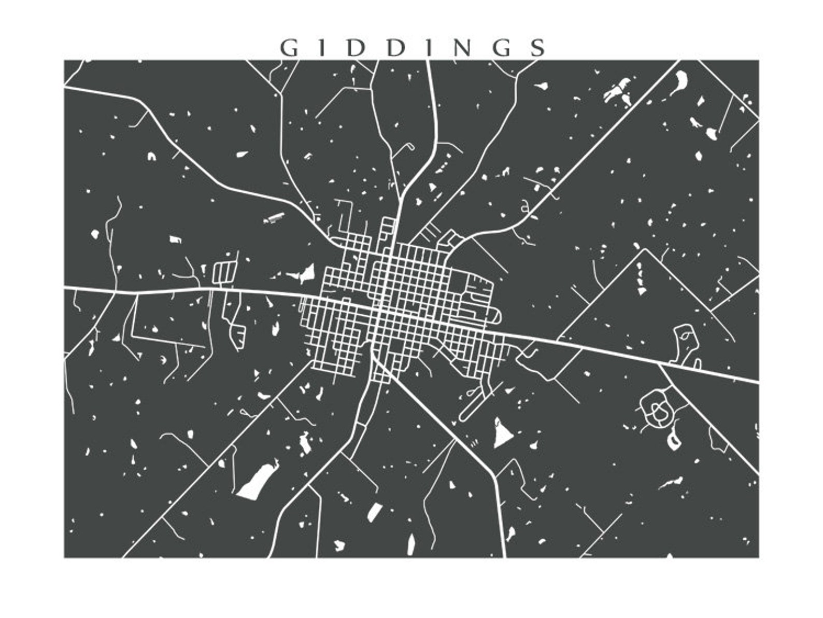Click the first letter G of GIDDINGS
click(289, 48)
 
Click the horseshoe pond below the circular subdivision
click(674, 441)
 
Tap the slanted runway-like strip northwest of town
click(273, 218)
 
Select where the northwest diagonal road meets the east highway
click(659, 365)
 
